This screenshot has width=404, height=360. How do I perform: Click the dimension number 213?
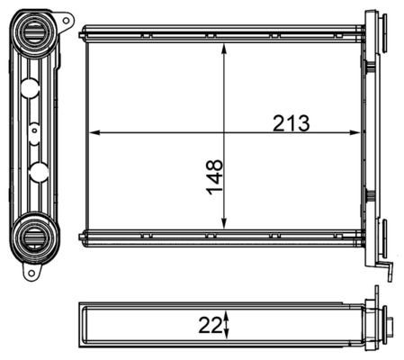291,124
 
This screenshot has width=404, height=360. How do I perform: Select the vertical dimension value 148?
214,177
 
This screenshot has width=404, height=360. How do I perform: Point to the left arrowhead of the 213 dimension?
94,133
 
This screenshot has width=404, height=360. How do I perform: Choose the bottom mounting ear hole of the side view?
29,272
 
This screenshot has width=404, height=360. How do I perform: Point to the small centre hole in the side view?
33,129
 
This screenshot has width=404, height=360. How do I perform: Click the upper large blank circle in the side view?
31,88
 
